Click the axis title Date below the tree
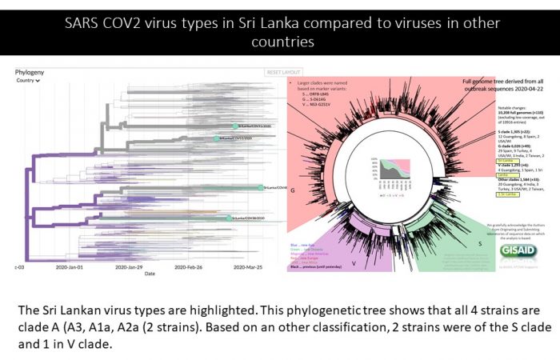[x=150, y=274]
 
